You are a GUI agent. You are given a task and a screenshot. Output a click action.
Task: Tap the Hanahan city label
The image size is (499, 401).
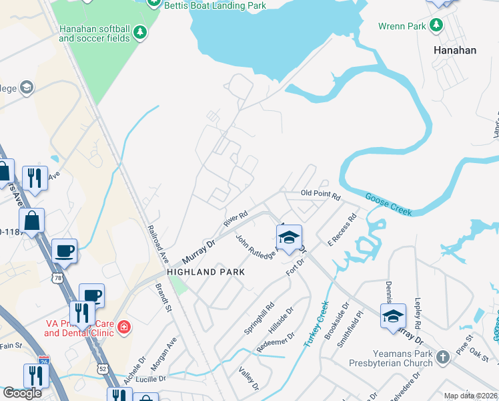pos(455,50)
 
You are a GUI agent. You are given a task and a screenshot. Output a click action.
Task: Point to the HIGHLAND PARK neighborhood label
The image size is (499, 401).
pos(206,272)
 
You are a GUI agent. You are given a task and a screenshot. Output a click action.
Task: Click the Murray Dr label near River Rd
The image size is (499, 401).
pos(199,251)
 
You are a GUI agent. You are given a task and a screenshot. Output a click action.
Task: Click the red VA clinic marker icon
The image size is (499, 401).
pos(123,327)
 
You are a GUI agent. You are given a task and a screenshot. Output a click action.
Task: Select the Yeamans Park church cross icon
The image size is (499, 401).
pos(443,358)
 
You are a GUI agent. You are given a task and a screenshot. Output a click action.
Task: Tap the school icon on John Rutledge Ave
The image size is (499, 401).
pos(289,238)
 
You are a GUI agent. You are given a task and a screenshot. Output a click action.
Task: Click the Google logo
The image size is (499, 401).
pos(22,393)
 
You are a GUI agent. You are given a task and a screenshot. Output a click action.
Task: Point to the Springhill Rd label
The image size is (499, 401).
pos(260,318)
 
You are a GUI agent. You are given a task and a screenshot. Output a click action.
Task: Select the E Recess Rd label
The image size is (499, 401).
pos(343,229)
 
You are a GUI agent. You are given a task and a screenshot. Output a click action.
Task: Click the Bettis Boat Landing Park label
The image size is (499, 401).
pos(216,6)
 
